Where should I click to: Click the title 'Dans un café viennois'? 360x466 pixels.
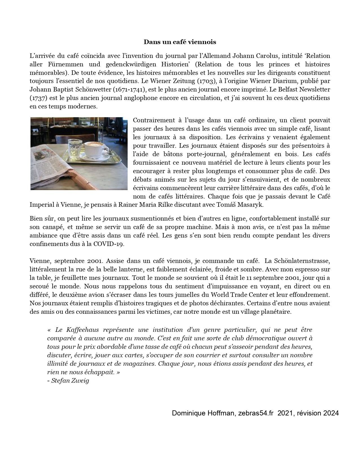[180, 42]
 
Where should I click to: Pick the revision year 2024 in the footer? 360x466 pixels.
[331, 413]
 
